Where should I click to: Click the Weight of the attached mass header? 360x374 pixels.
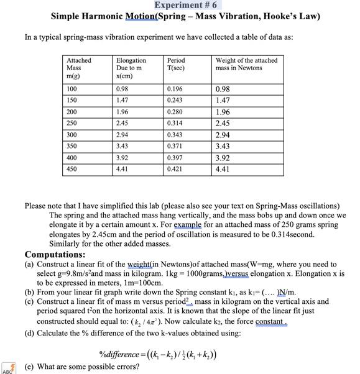tap(246, 64)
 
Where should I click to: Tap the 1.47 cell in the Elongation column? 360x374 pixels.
tap(123, 100)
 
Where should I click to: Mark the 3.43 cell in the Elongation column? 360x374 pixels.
tap(123, 145)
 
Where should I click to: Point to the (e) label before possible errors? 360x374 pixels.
tap(30, 367)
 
